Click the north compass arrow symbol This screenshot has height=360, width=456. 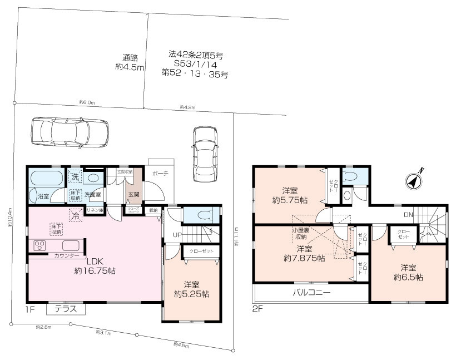click(414, 180)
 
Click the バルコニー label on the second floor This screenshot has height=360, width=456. click(311, 292)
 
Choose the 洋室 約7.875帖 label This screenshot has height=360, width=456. click(304, 253)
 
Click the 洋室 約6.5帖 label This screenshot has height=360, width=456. click(408, 272)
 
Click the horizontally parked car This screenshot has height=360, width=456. click(68, 133)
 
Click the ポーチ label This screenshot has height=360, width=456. click(160, 174)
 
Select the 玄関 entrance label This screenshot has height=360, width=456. click(133, 194)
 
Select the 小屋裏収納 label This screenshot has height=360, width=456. click(301, 233)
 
